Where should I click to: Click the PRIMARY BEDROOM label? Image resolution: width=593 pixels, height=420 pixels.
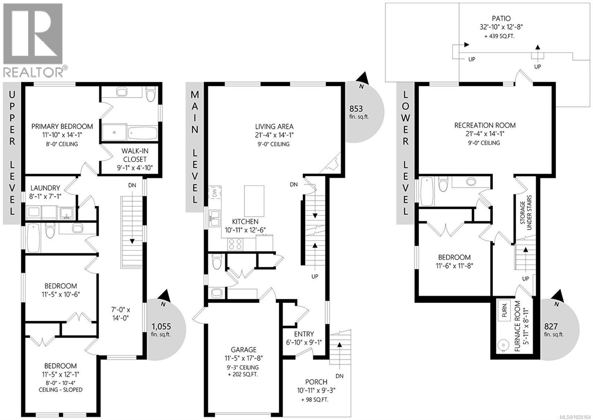point(62,126)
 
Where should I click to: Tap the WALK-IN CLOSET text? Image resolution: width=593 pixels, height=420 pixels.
point(135,155)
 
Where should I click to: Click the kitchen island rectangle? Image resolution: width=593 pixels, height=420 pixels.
point(254,201)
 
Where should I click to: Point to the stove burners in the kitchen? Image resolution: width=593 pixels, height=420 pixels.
point(235,244)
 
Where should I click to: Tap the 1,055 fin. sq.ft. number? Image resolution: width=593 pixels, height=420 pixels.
point(161,326)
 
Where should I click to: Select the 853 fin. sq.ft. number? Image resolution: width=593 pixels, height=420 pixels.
point(356,109)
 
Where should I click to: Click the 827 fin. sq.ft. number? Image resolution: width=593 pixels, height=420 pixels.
point(551,327)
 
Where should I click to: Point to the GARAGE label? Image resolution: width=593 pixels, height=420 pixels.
point(244,349)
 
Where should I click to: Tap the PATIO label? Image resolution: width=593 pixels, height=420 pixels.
point(501,18)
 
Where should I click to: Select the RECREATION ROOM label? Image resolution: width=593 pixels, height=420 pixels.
point(485,125)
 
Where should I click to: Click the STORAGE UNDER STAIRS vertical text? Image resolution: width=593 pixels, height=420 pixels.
point(526,213)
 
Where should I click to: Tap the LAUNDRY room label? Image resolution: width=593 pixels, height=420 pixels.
point(45,188)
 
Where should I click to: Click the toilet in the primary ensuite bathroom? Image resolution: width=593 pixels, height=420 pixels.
point(150,94)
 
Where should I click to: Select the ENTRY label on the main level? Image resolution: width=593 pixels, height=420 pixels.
point(304,334)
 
